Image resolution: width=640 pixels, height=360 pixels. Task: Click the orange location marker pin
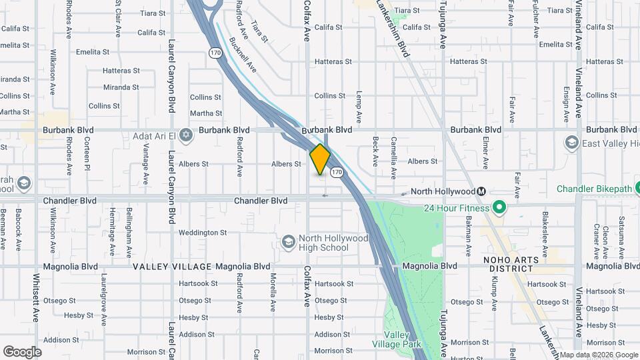tap(320, 159)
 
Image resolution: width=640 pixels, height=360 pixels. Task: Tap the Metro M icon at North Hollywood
tap(481, 191)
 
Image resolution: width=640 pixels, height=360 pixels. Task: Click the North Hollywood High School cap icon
tap(289, 241)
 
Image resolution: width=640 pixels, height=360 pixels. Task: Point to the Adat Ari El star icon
tap(186, 135)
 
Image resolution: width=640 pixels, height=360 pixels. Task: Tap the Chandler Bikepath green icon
tap(547, 189)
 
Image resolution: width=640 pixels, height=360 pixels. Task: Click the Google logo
tap(22, 351)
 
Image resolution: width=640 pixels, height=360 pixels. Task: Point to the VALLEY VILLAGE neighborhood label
tap(172, 267)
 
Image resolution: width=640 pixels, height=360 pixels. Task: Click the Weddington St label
tap(203, 233)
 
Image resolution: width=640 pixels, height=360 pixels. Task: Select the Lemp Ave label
tap(359, 105)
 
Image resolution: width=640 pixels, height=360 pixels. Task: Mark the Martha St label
tap(205, 113)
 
